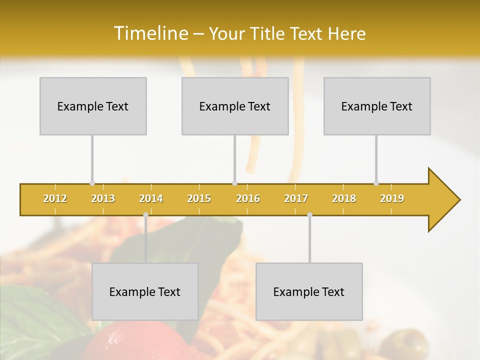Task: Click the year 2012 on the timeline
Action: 55,198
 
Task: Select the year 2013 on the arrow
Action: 103,198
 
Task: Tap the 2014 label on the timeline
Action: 151,198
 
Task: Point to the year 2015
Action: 199,198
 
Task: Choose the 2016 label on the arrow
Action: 248,198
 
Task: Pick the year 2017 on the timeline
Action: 296,198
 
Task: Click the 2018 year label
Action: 344,198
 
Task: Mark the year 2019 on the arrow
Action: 392,198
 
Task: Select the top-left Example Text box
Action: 93,106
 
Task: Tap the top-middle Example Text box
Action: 235,106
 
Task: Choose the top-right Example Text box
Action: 377,106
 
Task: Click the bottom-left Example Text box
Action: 145,291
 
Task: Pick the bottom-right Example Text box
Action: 309,291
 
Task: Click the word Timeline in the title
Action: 150,33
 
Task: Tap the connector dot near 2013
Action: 92,183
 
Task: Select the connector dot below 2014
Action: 145,214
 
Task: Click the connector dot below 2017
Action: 309,214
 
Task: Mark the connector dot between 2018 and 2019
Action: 376,183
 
